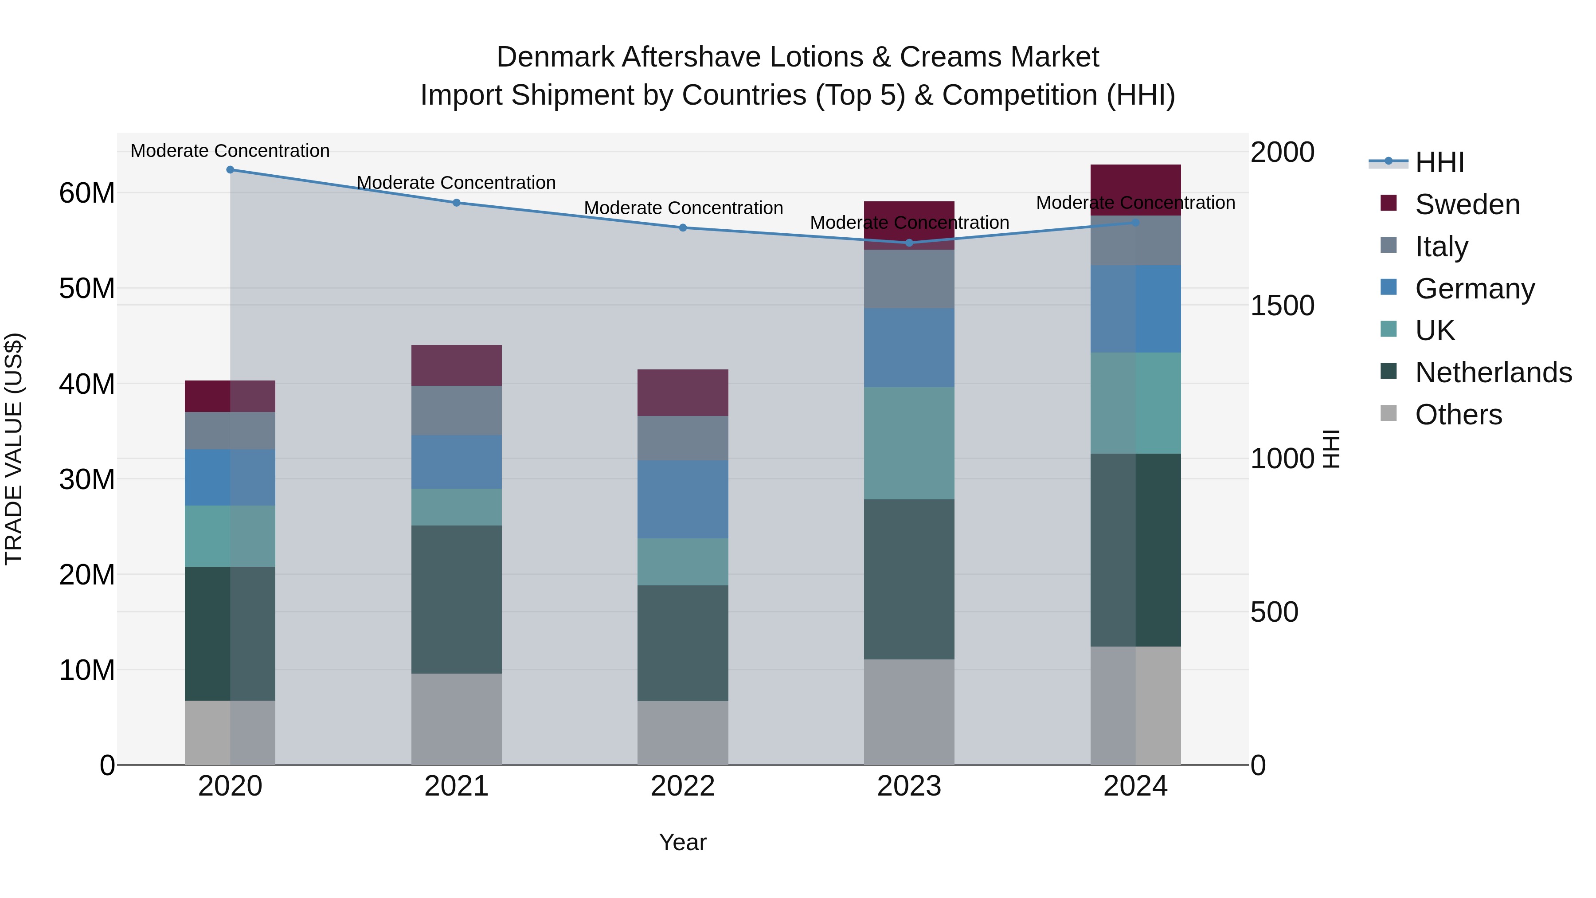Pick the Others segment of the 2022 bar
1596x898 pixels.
683,733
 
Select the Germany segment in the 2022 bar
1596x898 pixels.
683,499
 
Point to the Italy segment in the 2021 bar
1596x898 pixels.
456,410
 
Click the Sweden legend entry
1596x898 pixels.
1467,204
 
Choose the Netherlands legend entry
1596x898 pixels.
1493,373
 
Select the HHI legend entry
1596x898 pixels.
1439,162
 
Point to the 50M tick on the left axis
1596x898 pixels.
87,289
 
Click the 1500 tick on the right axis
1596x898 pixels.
1282,306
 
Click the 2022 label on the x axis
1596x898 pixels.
683,786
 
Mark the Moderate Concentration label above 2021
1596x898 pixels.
456,183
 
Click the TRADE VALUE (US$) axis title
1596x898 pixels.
14,449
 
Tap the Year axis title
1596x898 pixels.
683,842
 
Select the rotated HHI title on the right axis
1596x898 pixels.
1331,449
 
